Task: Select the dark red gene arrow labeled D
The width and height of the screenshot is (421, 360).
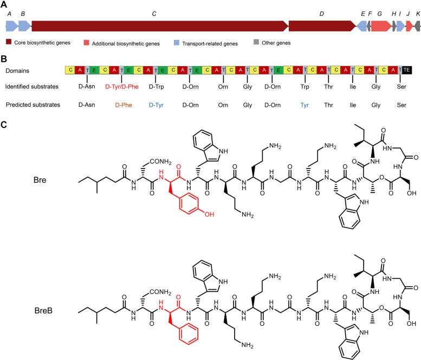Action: pos(322,25)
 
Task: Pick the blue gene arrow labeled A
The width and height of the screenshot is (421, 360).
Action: pos(11,25)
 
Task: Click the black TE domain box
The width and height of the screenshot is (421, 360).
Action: pos(406,70)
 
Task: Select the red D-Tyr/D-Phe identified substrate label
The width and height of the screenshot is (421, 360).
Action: pos(122,87)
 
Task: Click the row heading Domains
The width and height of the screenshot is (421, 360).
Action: pos(17,70)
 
